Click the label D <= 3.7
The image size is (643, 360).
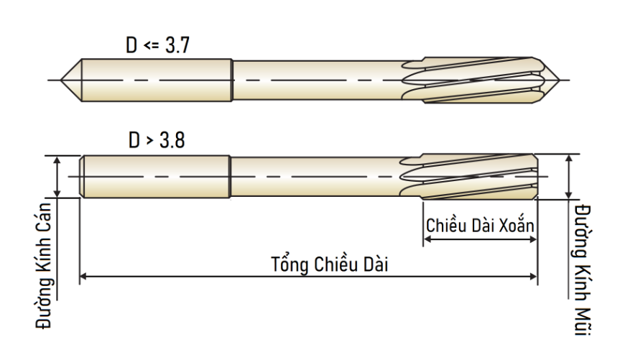click(158, 45)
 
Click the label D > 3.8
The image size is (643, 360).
click(157, 140)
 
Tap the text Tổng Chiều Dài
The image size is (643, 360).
click(329, 264)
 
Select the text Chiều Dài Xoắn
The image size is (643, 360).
click(480, 225)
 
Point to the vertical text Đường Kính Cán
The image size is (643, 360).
click(44, 266)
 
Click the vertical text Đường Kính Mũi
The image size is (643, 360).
click(582, 270)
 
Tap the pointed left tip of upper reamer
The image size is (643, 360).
click(61, 80)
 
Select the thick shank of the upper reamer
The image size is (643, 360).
click(157, 80)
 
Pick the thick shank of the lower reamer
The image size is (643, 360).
click(155, 177)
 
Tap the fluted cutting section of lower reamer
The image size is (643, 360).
click(468, 177)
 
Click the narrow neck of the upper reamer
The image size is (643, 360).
click(318, 80)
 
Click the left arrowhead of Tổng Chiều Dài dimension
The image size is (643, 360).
click(83, 277)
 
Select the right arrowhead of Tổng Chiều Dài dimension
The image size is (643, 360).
click(534, 277)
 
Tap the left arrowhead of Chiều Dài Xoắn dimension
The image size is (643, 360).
click(427, 239)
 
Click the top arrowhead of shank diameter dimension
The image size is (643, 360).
click(57, 160)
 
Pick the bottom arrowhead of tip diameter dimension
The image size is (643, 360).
click(569, 195)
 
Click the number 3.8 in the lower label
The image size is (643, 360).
click(172, 140)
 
